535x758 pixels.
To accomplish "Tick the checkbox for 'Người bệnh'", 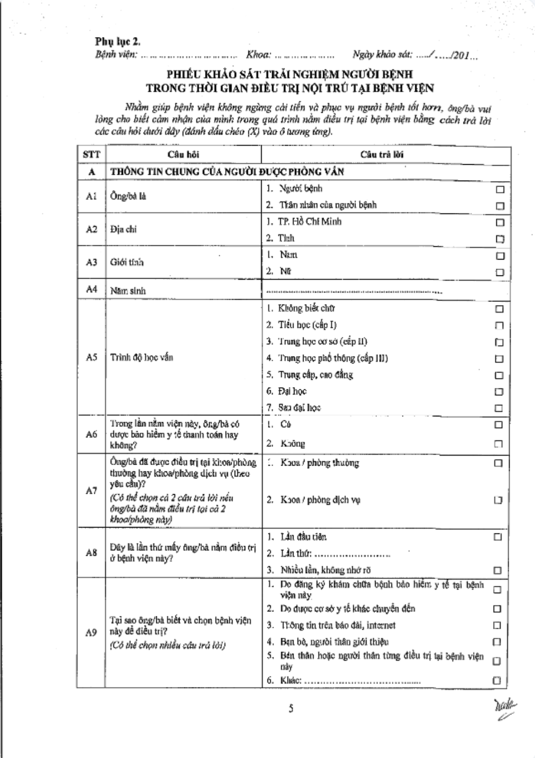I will tap(499, 190).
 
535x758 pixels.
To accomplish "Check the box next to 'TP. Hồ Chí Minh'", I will tap(499, 222).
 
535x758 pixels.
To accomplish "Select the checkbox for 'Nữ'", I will tap(499, 272).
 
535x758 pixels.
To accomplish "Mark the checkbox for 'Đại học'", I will tap(499, 392).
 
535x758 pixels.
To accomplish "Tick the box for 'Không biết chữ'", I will tap(499, 309).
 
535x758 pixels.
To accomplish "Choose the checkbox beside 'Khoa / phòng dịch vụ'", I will tap(498, 500).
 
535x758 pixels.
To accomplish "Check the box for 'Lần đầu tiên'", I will tap(498, 537).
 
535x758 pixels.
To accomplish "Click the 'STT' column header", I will tap(91, 155).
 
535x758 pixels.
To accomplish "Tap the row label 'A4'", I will tap(91, 289).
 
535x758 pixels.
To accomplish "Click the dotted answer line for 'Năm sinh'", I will tap(353, 291).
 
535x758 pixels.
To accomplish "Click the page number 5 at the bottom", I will tap(291, 709).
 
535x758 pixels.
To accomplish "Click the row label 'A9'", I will tap(91, 632).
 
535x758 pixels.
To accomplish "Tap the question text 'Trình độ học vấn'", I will tap(141, 358).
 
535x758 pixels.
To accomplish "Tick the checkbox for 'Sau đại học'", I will tap(499, 408).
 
